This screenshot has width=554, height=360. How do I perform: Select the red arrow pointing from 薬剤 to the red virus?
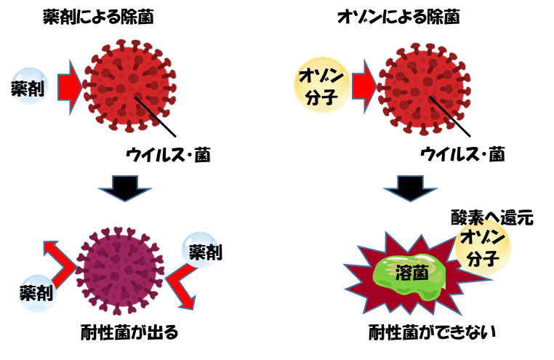70,87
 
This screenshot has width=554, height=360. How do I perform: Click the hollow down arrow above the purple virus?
125,188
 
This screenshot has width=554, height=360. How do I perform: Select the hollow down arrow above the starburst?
410,188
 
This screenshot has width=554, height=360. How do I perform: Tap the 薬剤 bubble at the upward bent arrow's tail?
37,292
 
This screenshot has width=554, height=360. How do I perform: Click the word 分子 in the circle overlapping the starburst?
483,257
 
